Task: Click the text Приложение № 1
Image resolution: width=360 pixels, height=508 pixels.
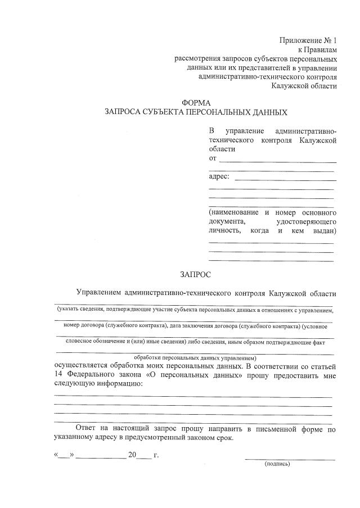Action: [x=308, y=40]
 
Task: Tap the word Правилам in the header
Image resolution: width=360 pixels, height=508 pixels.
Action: [x=320, y=49]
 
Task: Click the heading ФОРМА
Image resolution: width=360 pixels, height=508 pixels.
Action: [x=196, y=103]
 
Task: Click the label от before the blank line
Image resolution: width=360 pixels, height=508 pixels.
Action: [x=213, y=158]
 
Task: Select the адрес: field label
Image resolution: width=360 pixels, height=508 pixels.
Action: [x=219, y=176]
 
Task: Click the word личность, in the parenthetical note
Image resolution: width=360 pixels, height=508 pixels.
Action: [x=225, y=230]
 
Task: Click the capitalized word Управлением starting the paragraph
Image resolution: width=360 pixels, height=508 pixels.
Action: [x=98, y=293]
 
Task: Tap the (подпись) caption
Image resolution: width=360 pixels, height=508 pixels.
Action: [x=277, y=464]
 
